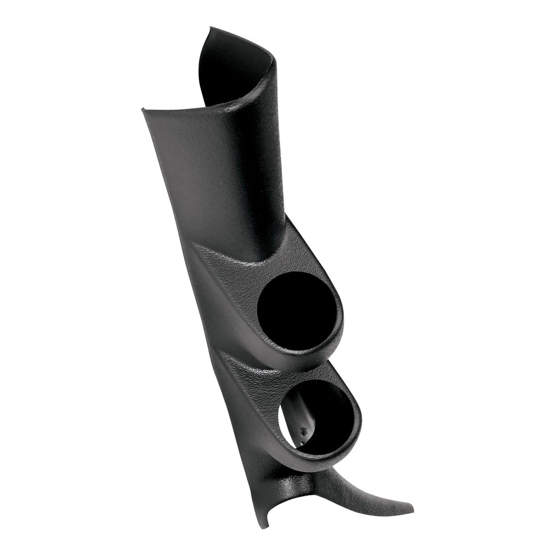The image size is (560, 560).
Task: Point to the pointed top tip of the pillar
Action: click(211, 28)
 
